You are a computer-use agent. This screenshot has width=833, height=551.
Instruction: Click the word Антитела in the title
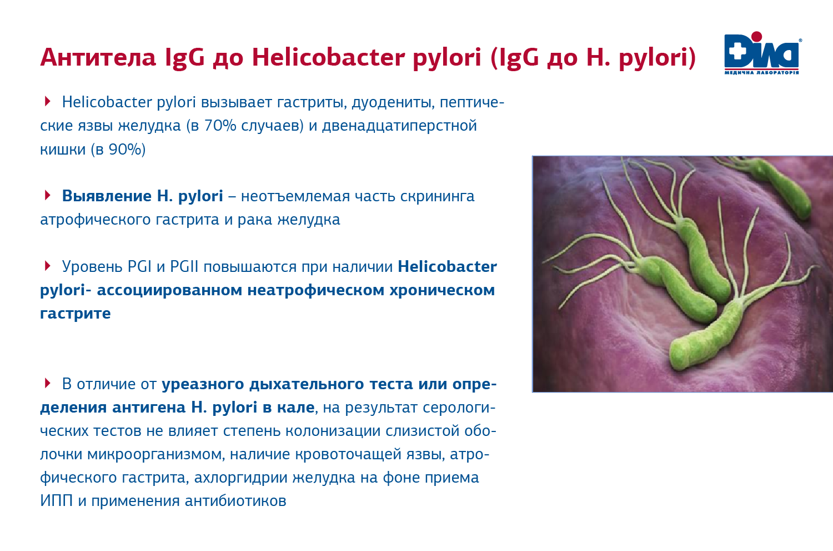[x=98, y=57]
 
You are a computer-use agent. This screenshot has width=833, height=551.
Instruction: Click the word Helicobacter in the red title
[x=328, y=57]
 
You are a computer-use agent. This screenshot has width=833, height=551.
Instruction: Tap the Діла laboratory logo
[x=762, y=53]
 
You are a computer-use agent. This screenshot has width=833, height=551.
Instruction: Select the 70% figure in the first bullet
[x=220, y=126]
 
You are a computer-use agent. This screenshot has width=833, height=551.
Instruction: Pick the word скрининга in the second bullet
[x=437, y=197]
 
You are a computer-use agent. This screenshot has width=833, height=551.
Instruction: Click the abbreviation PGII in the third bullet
[x=184, y=266]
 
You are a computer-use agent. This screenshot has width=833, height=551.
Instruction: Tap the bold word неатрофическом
[x=316, y=290]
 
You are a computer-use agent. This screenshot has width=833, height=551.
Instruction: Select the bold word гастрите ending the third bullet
[x=76, y=314]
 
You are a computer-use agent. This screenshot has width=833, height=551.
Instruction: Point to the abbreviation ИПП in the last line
[x=57, y=501]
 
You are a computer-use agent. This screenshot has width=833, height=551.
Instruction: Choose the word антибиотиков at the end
[x=235, y=501]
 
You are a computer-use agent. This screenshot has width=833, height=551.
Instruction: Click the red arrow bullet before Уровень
[x=47, y=266]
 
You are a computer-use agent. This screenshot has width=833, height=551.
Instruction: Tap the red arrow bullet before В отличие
[x=47, y=383]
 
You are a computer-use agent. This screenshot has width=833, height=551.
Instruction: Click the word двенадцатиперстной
[x=399, y=126]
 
